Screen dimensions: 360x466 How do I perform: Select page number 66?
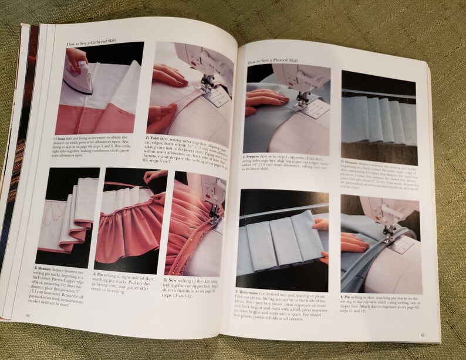[28, 315]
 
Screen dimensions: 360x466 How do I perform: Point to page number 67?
[423, 335]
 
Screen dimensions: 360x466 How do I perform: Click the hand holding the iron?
[75, 57]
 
